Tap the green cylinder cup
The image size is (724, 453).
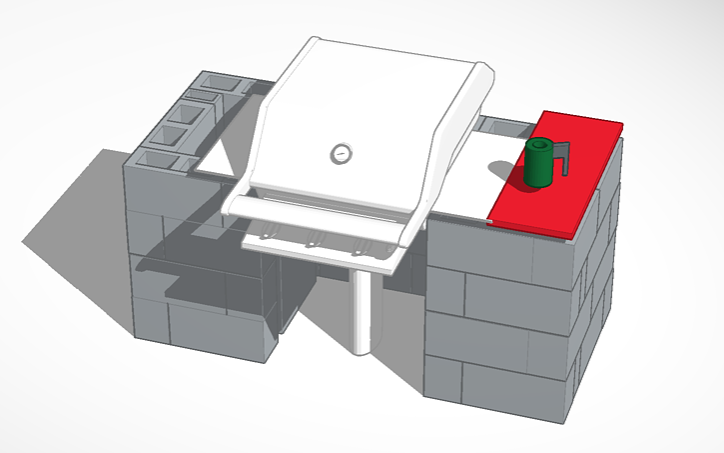click(538, 166)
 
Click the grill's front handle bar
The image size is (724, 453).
click(320, 212)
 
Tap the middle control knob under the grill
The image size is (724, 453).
click(313, 239)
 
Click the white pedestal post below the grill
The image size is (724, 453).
click(364, 310)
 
